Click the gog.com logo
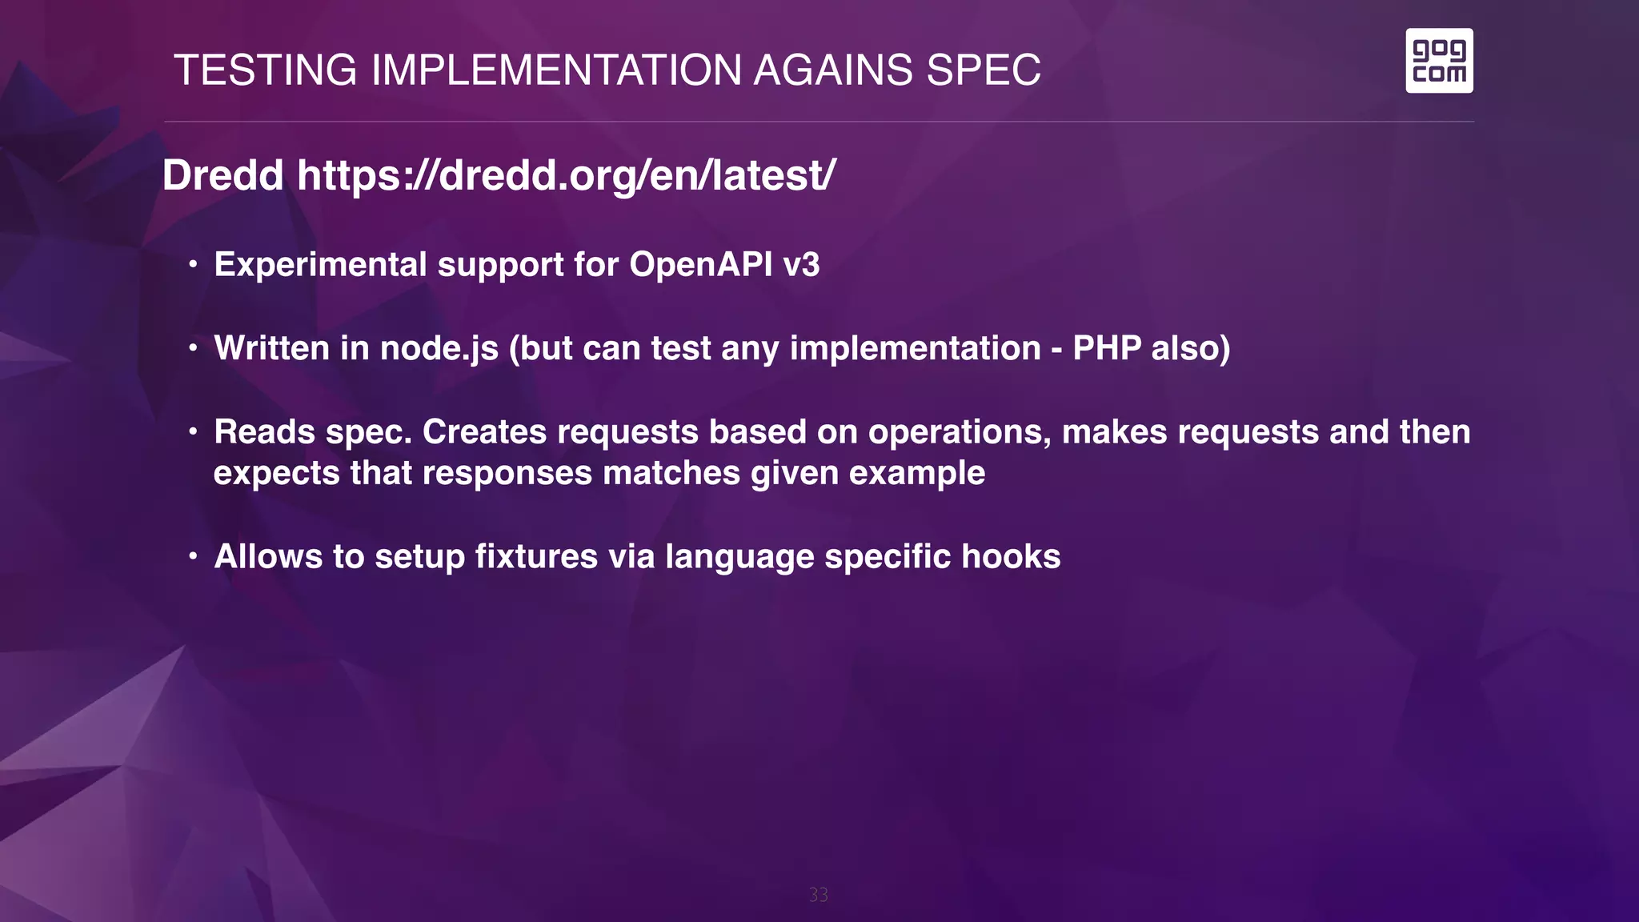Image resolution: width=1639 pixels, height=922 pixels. (1439, 61)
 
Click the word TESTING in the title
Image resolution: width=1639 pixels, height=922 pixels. (266, 70)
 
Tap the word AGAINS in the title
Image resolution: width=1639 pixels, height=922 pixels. (833, 70)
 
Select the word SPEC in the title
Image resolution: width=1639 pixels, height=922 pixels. (984, 70)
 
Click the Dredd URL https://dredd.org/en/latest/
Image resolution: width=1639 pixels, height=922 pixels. (567, 175)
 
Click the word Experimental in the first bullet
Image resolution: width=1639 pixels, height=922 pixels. (320, 265)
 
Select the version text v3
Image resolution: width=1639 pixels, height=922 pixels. (801, 265)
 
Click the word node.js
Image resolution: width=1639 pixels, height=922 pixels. (439, 349)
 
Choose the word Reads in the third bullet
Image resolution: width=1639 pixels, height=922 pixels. (265, 432)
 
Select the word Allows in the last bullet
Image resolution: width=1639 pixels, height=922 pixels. (268, 557)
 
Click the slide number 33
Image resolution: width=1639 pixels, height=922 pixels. (818, 895)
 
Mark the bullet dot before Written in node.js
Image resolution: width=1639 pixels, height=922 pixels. (193, 349)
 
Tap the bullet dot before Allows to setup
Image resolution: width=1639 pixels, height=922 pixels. (193, 557)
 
